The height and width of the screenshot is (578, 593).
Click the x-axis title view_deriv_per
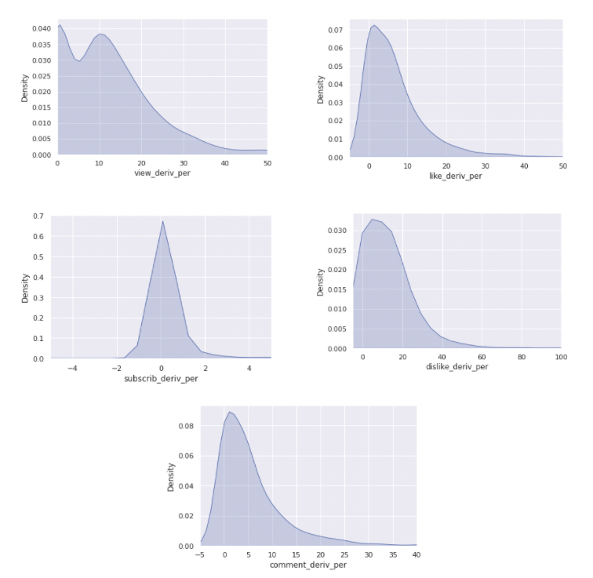pyautogui.click(x=162, y=173)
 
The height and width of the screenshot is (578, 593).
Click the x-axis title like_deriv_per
pyautogui.click(x=455, y=176)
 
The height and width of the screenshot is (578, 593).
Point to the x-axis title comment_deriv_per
pyautogui.click(x=308, y=565)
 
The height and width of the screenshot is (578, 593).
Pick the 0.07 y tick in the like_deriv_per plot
pyautogui.click(x=336, y=31)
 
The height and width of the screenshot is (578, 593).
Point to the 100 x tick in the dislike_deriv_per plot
pyautogui.click(x=559, y=357)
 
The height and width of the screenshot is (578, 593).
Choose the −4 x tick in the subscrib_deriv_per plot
pyautogui.click(x=72, y=368)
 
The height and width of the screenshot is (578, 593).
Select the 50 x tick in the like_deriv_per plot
pyautogui.click(x=562, y=166)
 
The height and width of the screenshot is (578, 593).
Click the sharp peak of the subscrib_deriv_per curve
pyautogui.click(x=162, y=221)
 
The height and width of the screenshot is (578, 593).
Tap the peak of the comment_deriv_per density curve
pyautogui.click(x=229, y=412)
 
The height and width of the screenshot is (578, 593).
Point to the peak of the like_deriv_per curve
pyautogui.click(x=374, y=25)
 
